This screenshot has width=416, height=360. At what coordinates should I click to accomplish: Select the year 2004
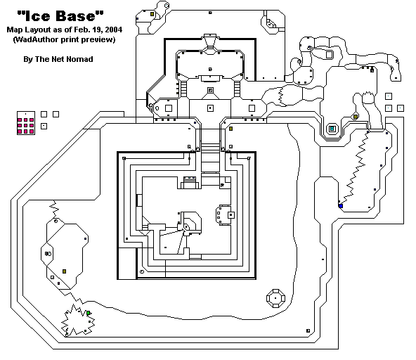pyautogui.click(x=113, y=30)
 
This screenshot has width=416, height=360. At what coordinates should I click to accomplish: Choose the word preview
pyautogui.click(x=98, y=40)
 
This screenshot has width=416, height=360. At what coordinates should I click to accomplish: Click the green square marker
pyautogui.click(x=89, y=314)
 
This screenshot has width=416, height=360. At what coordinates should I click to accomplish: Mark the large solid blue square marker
pyautogui.click(x=341, y=206)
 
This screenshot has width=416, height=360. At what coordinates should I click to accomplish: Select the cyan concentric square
pyautogui.click(x=332, y=129)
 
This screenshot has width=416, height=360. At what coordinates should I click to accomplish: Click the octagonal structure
pyautogui.click(x=276, y=298)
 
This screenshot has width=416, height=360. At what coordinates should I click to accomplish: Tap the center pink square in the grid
pyautogui.click(x=26, y=126)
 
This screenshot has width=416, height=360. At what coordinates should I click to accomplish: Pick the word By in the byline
pyautogui.click(x=27, y=60)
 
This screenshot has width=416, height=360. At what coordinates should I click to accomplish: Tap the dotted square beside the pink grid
pyautogui.click(x=44, y=126)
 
